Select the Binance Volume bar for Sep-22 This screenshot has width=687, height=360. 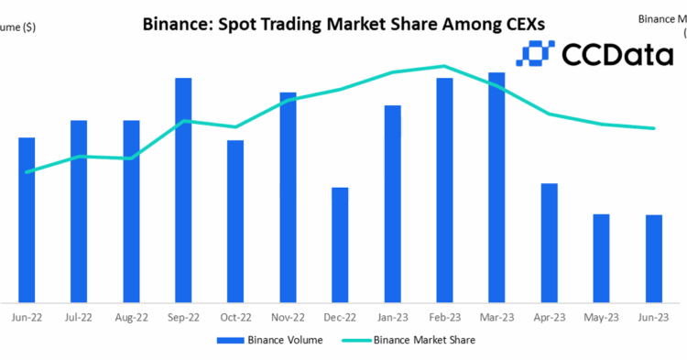pos(183,190)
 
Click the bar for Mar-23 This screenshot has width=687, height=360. pos(496,187)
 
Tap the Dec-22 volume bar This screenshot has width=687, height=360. pos(340,245)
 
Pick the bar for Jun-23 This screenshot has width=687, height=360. pos(653,258)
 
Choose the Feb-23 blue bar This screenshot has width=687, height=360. pos(444,190)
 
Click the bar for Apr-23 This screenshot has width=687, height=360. pos(549,243)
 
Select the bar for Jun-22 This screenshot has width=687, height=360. pos(27,220)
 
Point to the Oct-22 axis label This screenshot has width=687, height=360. pos(235,317)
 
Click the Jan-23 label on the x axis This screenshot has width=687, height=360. pos(392,317)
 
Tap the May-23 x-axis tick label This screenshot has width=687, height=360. pos(601,317)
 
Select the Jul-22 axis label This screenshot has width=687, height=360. pos(79,317)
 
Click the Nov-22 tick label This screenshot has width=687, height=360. pos(288,317)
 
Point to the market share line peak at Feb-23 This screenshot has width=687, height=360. pos(444,66)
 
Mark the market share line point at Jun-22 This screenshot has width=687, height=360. pos(27,172)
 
